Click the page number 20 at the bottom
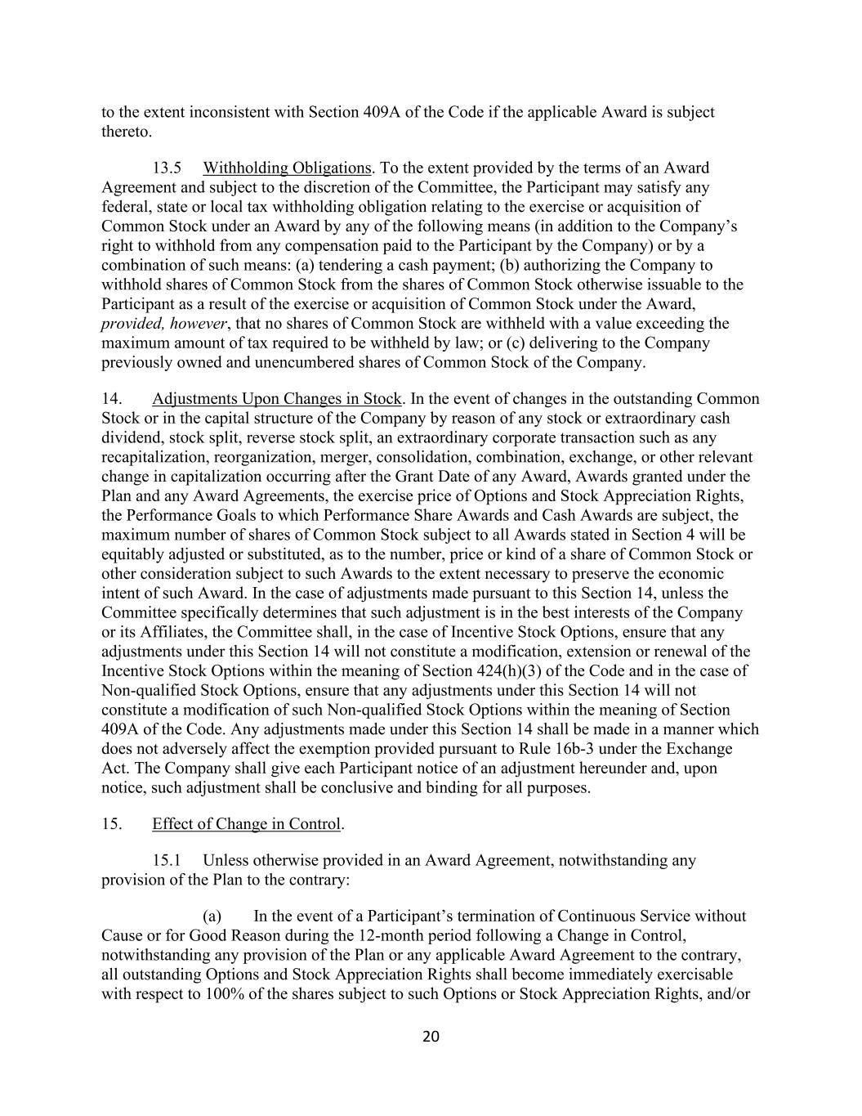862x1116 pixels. pyautogui.click(x=431, y=1037)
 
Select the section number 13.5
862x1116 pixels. pyautogui.click(x=167, y=168)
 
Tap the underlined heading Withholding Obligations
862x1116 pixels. pyautogui.click(x=287, y=168)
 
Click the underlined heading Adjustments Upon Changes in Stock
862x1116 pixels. pyautogui.click(x=276, y=399)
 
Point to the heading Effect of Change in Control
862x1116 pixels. pyautogui.click(x=246, y=823)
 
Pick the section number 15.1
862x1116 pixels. pyautogui.click(x=167, y=860)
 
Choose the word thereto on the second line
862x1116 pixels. pyautogui.click(x=126, y=132)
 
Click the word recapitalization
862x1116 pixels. pyautogui.click(x=154, y=457)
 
